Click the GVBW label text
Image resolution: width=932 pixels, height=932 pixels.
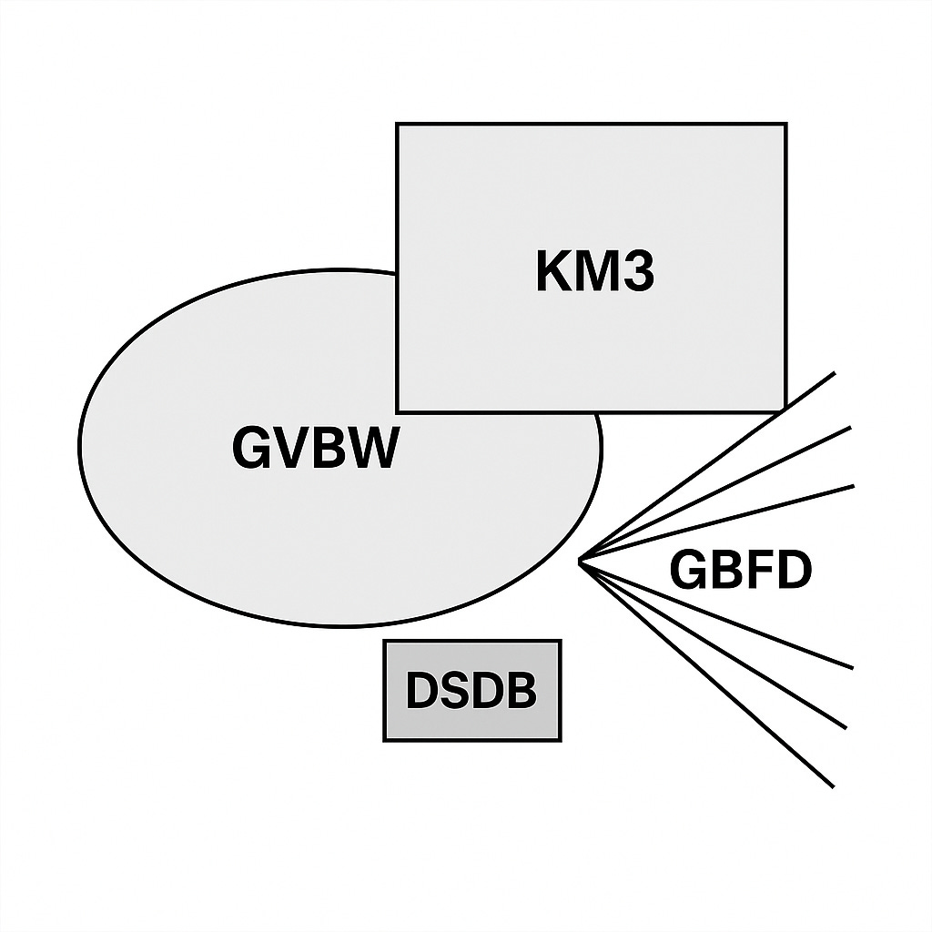(x=315, y=449)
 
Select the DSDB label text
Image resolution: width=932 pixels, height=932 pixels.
(x=471, y=692)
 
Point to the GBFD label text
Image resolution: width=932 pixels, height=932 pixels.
(x=740, y=572)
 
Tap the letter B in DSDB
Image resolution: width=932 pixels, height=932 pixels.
(x=520, y=692)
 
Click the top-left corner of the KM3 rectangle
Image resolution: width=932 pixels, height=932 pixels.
(x=397, y=124)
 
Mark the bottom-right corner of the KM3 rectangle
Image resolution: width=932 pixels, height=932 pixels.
(x=785, y=410)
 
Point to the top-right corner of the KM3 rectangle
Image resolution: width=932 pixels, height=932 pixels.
(x=785, y=124)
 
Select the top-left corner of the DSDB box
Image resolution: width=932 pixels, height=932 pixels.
(x=385, y=642)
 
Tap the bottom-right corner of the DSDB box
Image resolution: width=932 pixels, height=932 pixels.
(x=560, y=739)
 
